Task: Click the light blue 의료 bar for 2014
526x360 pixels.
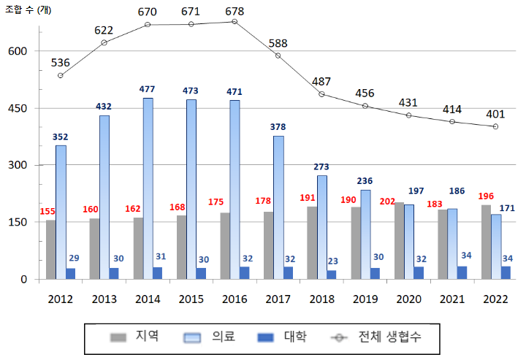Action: (148, 188)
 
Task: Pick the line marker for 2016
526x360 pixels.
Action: (235, 21)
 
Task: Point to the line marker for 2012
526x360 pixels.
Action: (61, 75)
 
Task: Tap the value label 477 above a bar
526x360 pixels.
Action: (148, 89)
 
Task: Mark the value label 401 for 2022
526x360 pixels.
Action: (495, 114)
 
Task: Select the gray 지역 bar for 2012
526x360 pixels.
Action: (50, 249)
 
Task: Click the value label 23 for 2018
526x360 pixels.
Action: (332, 261)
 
